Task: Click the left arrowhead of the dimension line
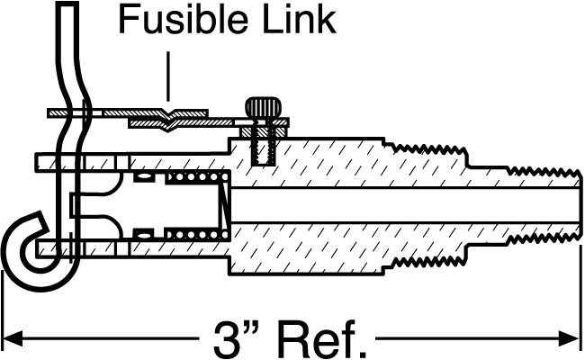tap(13, 339)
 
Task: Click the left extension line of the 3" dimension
tap(4, 306)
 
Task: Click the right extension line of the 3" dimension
tap(580, 306)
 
